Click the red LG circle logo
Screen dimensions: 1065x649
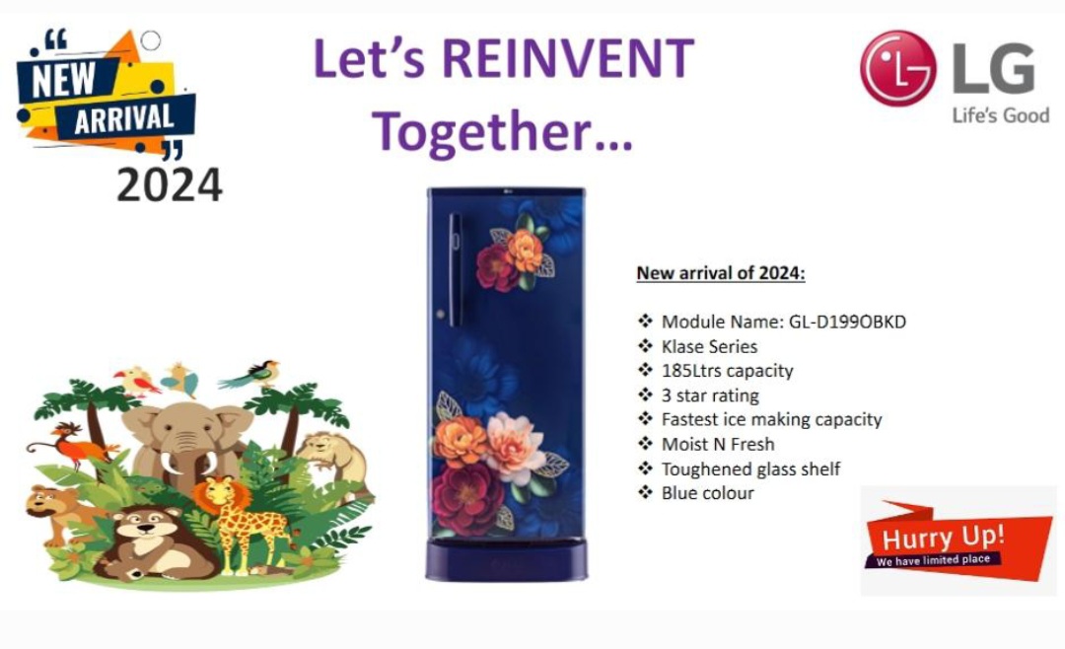tap(897, 68)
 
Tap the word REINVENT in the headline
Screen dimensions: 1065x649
tap(568, 58)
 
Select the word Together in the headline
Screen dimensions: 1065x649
tap(481, 130)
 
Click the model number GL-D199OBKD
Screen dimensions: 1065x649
tap(847, 322)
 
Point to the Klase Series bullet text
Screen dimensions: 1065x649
tap(709, 346)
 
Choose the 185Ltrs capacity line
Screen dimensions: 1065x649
tap(727, 371)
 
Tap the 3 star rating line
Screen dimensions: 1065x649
tap(710, 396)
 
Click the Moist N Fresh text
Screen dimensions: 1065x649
tap(717, 445)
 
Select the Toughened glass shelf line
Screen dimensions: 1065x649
tap(750, 469)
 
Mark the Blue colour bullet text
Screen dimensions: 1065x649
tap(707, 493)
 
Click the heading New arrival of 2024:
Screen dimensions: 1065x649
tap(721, 273)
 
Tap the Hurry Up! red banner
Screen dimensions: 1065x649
tap(958, 541)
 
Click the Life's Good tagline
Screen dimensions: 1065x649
tap(1001, 115)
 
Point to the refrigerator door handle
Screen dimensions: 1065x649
tap(455, 269)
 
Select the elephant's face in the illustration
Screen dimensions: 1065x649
tap(183, 442)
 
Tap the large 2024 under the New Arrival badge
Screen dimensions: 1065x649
tap(170, 184)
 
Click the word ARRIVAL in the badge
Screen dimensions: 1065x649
tap(123, 119)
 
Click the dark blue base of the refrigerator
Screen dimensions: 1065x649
tap(506, 559)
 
